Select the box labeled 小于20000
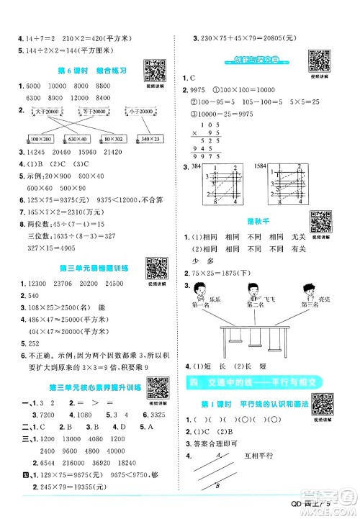pos(138,112)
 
